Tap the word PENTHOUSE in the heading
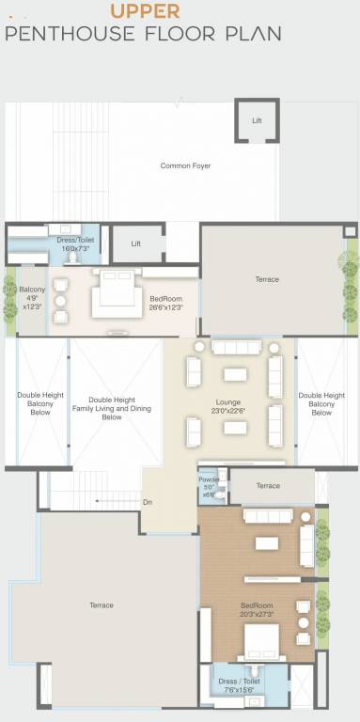tap(67, 35)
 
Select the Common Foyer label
tap(185, 166)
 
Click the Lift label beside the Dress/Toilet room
tap(136, 243)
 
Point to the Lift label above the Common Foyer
tap(257, 121)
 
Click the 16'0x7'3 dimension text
tap(72, 247)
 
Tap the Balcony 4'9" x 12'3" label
tap(31, 296)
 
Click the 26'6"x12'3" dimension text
tap(164, 307)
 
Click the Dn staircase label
tap(148, 502)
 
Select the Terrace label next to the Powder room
tap(268, 485)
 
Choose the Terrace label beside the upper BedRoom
tap(267, 279)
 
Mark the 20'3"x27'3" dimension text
tap(256, 614)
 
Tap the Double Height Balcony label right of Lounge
tap(321, 403)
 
